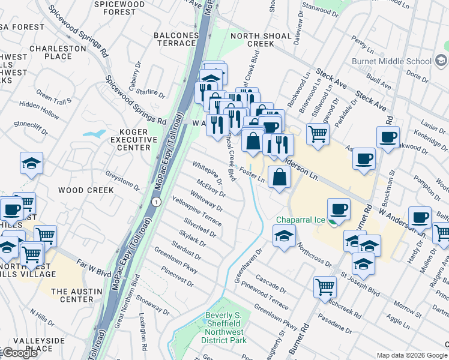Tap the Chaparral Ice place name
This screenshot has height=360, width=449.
point(301,220)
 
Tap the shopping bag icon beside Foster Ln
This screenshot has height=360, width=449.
point(279,177)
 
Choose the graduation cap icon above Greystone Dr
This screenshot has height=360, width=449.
point(31,163)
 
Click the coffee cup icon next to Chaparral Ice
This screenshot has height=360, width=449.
point(339,209)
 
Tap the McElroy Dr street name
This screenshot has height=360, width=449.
point(210,190)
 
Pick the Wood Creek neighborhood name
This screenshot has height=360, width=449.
point(86,190)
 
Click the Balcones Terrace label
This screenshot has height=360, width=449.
point(176,39)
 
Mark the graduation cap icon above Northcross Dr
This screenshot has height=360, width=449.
point(284,235)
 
